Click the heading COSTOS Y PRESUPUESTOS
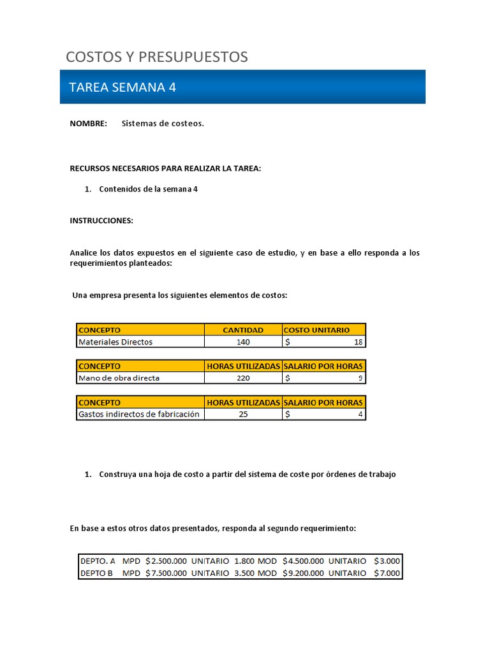tap(157, 57)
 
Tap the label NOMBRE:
tap(88, 124)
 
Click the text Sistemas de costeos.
tap(163, 124)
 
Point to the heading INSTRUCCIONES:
tap(101, 221)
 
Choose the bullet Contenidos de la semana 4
tap(148, 189)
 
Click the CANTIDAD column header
tap(242, 330)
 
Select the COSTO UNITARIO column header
tap(316, 330)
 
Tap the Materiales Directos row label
tap(115, 342)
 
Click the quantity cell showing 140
tap(242, 342)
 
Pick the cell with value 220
tap(242, 378)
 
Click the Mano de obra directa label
tap(119, 378)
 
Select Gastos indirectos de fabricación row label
tap(138, 415)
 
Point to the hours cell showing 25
tap(242, 415)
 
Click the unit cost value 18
tap(358, 342)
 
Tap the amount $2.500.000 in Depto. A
tap(166, 561)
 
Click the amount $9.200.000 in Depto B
tap(303, 573)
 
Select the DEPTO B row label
tap(96, 573)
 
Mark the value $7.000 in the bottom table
tap(387, 573)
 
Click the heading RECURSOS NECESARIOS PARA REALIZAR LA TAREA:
tap(165, 168)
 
